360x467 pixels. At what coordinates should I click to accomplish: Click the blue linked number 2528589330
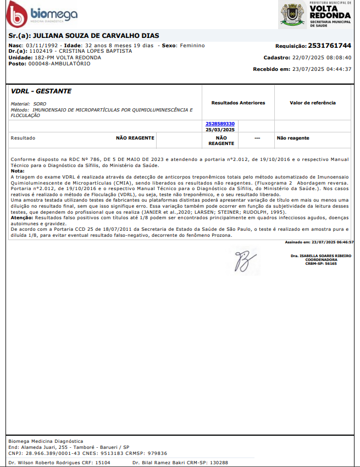tap(220, 124)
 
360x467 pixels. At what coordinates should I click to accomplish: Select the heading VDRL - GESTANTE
tap(41, 91)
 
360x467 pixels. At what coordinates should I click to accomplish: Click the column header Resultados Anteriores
tap(238, 103)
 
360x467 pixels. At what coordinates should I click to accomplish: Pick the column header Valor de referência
tap(312, 103)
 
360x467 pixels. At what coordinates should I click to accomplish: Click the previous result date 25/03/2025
tap(220, 130)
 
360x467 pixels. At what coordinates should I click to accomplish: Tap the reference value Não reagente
tap(293, 138)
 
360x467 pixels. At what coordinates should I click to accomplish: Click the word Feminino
tap(190, 46)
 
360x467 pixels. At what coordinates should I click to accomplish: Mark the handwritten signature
tap(241, 260)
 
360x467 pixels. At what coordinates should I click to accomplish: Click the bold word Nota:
tap(17, 171)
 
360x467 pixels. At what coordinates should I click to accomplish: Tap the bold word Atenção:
tap(22, 218)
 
